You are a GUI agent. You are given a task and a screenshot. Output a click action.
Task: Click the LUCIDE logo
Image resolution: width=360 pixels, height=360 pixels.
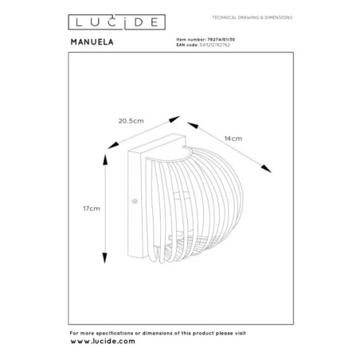point(117,22)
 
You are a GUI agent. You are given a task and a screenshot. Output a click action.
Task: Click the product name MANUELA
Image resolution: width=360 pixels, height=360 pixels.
point(92,42)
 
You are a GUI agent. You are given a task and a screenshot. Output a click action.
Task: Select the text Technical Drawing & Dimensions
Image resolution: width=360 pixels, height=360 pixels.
point(252,18)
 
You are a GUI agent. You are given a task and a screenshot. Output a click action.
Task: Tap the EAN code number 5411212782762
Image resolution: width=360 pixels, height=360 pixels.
point(215,45)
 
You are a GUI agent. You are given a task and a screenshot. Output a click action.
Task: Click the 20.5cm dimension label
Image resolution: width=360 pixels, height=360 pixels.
point(131,121)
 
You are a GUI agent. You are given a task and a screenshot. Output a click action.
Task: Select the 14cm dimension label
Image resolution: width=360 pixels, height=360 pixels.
point(233,139)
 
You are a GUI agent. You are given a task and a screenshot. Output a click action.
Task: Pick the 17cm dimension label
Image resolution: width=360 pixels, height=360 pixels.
point(92,209)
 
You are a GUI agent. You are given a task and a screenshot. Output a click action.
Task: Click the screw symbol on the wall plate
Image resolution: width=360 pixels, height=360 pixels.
point(135,202)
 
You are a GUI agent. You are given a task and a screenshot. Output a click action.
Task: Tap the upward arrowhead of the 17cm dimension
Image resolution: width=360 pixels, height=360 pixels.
point(105,159)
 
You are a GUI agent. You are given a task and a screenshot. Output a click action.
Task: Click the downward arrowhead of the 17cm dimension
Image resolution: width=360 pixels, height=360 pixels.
point(105,258)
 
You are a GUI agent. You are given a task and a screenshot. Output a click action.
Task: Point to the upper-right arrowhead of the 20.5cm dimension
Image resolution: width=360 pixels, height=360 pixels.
point(174,119)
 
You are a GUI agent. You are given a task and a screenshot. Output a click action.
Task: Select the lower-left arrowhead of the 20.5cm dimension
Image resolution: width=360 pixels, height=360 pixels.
point(113,145)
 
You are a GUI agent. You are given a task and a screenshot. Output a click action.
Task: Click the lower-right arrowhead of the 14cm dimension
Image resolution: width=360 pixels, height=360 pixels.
point(266,169)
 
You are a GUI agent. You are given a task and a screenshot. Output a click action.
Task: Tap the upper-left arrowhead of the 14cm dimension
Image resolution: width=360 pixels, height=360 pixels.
point(193,125)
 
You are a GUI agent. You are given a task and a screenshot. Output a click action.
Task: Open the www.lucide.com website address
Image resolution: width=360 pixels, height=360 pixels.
point(103,342)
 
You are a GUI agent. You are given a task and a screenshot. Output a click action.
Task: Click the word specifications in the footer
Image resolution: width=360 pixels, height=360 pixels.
point(115,333)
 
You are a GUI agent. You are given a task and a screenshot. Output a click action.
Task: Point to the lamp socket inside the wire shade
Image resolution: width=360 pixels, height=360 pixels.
point(181,198)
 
